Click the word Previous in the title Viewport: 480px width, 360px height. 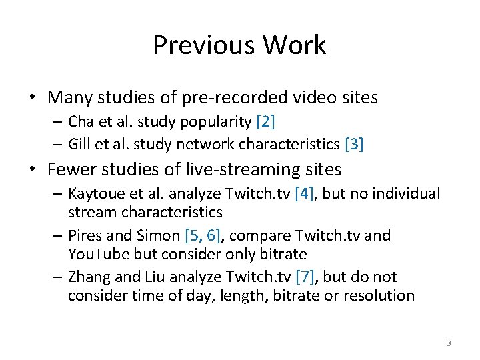[x=203, y=45]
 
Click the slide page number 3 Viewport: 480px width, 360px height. [x=449, y=343]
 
